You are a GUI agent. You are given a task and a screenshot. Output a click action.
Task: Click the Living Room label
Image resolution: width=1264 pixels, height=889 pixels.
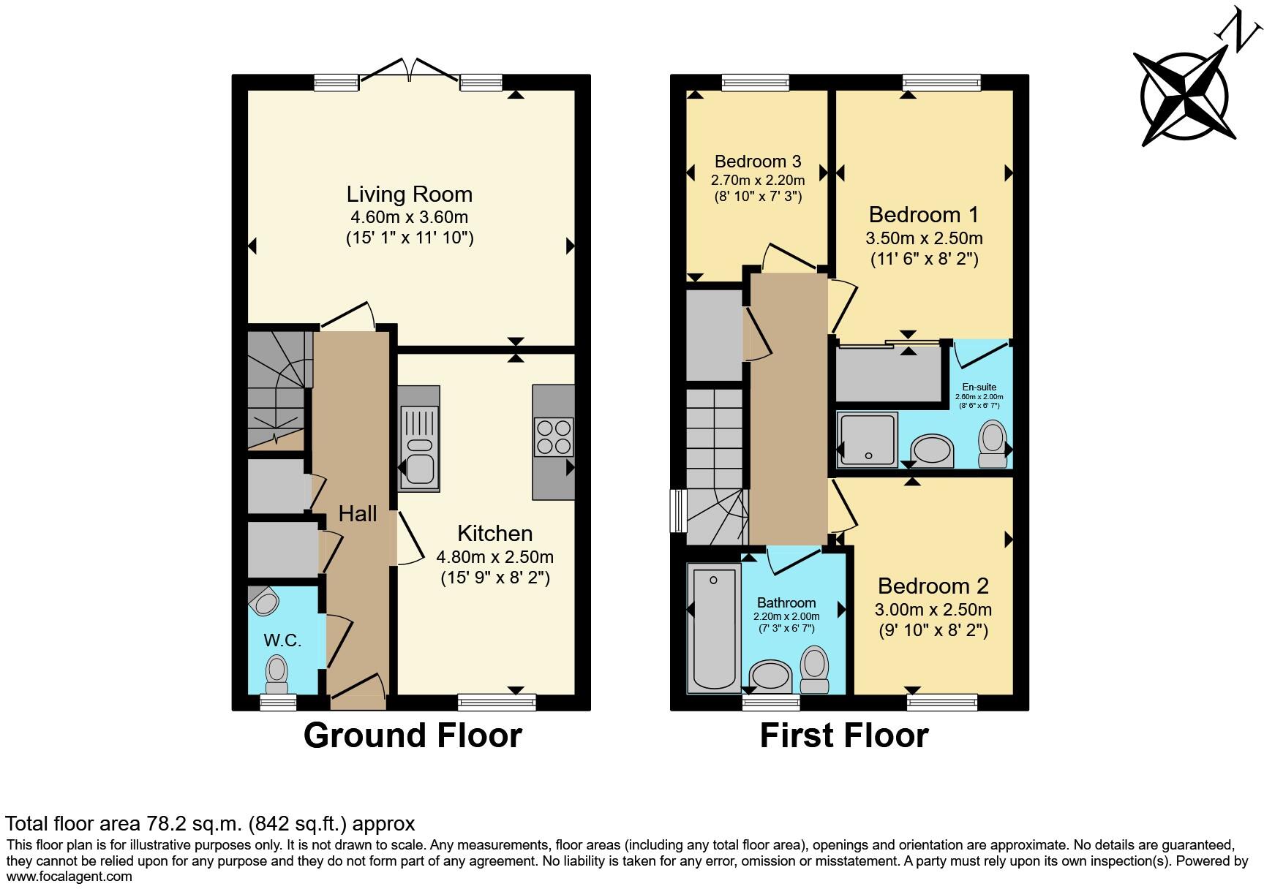click(x=410, y=194)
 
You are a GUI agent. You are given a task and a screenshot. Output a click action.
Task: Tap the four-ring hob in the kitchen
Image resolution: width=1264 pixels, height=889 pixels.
click(x=554, y=436)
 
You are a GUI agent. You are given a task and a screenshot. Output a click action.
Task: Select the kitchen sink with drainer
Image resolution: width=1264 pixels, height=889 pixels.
click(x=420, y=446)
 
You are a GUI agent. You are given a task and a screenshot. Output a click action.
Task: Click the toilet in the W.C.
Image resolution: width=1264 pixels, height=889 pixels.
click(x=276, y=673)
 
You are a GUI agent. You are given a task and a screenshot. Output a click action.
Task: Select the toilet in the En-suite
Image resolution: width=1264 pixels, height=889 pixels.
click(x=993, y=443)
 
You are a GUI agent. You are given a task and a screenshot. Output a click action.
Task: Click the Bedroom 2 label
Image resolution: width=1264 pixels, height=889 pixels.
click(x=933, y=586)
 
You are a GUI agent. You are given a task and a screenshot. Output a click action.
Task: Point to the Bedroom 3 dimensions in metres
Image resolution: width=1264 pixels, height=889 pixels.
click(x=758, y=180)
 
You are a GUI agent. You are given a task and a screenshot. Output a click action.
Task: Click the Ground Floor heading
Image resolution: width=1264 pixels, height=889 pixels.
click(x=413, y=735)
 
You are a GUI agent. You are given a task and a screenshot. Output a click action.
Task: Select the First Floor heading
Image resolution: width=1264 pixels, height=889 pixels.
click(x=844, y=735)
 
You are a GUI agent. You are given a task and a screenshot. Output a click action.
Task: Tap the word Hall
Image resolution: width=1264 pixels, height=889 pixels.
click(x=358, y=514)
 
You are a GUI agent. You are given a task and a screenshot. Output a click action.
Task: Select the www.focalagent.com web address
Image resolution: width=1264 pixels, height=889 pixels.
click(x=69, y=877)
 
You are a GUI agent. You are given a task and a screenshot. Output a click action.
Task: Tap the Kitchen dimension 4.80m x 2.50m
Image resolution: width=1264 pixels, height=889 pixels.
click(x=495, y=557)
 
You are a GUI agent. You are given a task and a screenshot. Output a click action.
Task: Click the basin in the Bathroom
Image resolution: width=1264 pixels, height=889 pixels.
click(x=770, y=675)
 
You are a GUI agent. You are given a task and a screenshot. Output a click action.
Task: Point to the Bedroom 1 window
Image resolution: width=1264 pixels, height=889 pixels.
click(x=941, y=83)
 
